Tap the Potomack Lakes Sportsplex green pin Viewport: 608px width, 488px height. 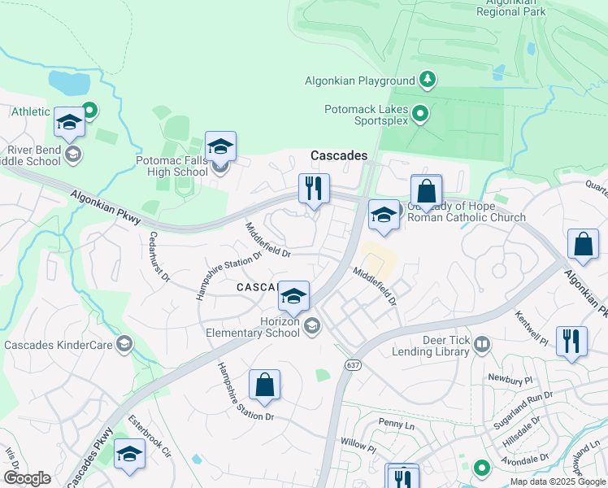[420, 114]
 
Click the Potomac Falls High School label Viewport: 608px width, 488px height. [172, 166]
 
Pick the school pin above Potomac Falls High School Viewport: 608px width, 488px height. [220, 147]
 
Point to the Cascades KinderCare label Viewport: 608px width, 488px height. [58, 345]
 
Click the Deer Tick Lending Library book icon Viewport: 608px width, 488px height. [482, 346]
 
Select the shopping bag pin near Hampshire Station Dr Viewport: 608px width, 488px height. [265, 386]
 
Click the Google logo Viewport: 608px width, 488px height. [27, 478]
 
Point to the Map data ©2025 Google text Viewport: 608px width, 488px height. [557, 481]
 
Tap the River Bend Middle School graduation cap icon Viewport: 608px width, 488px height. [72, 154]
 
